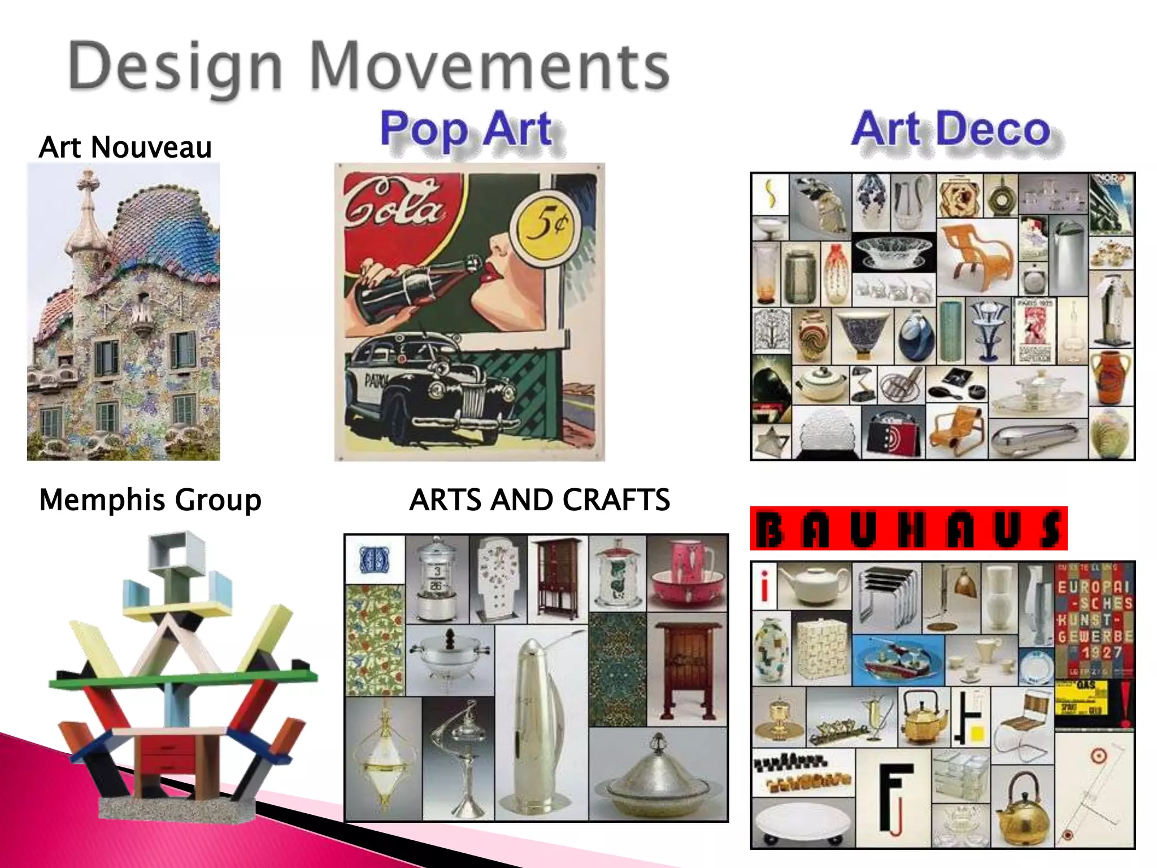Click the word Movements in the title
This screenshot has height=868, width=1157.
click(x=489, y=67)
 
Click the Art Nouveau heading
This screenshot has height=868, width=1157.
click(x=125, y=147)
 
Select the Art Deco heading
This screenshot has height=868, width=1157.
click(x=951, y=129)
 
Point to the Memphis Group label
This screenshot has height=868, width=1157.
click(x=150, y=500)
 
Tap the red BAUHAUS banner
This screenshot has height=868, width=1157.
click(x=908, y=529)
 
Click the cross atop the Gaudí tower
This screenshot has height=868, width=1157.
click(x=88, y=181)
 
